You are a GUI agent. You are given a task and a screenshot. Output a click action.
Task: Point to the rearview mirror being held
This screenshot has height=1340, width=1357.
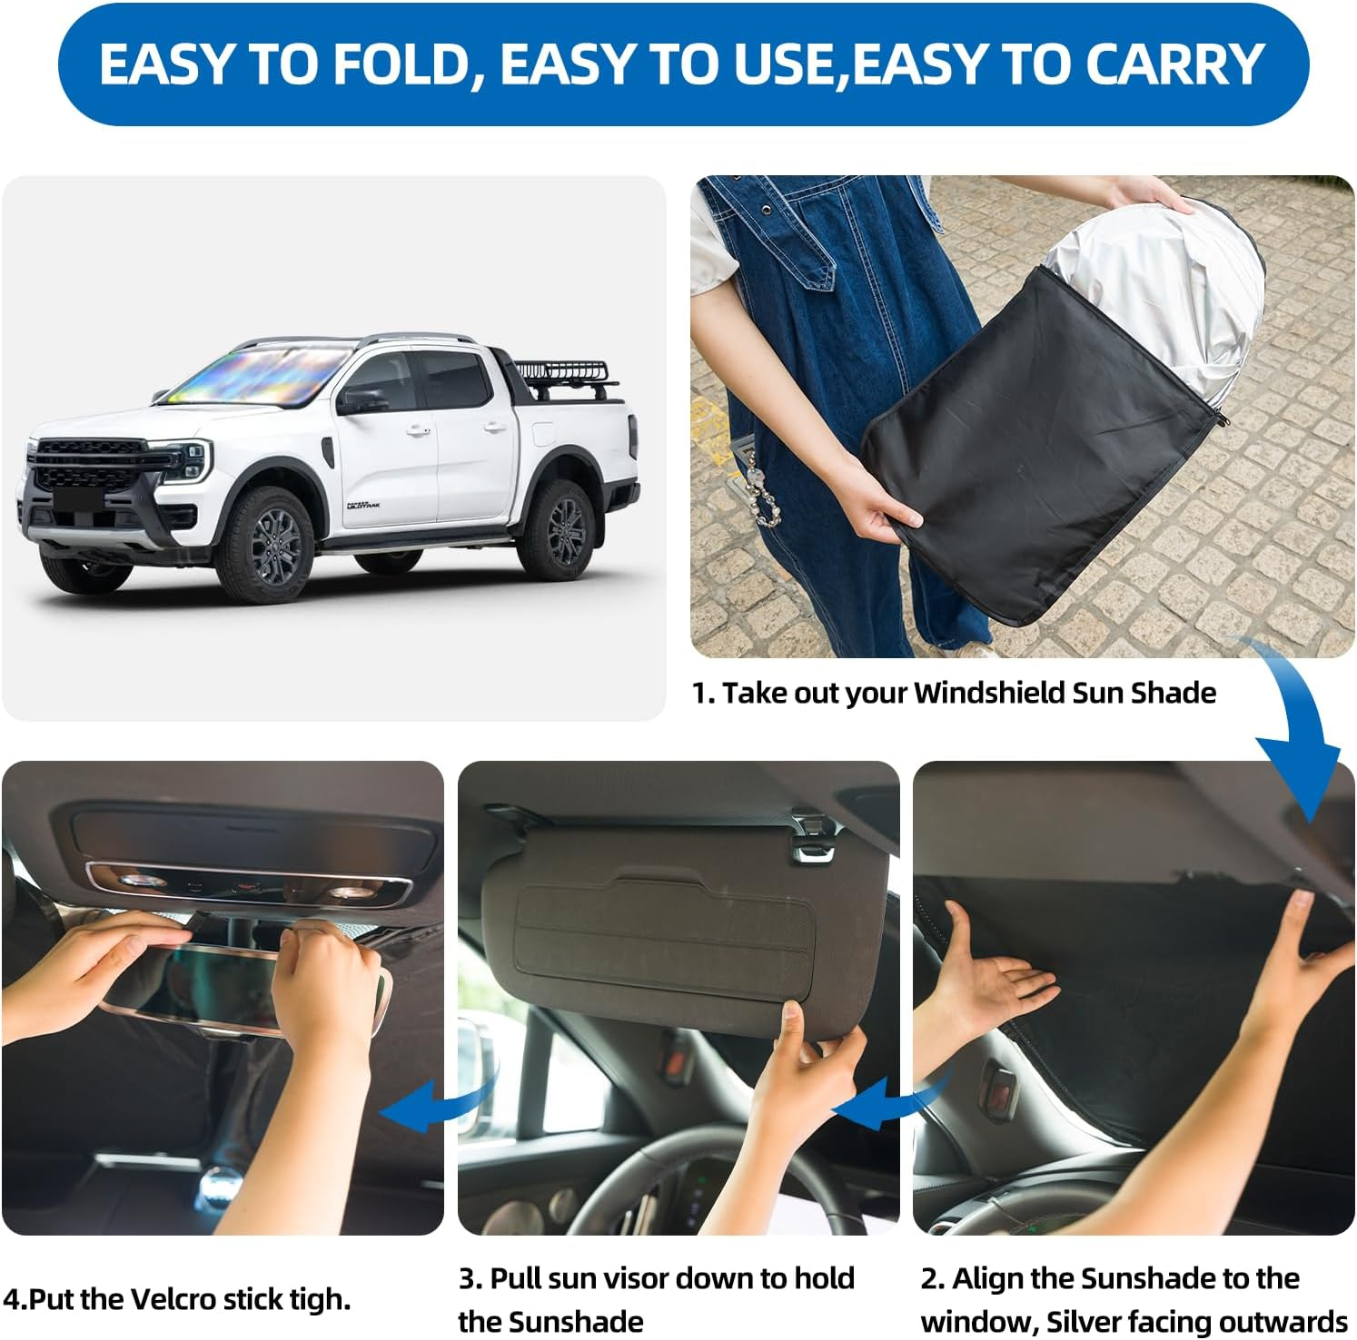[x=236, y=985]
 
